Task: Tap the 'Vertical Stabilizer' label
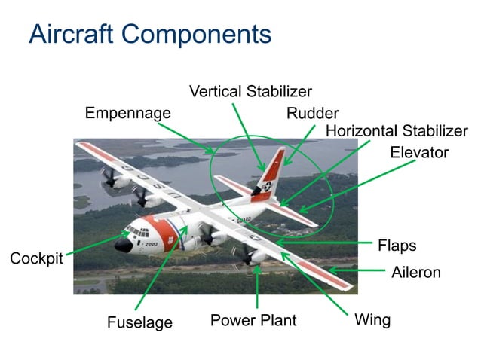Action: click(x=250, y=91)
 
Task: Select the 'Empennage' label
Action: click(x=127, y=113)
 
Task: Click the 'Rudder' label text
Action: click(x=312, y=114)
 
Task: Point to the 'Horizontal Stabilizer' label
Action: click(x=397, y=131)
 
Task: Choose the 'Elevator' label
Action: click(x=419, y=152)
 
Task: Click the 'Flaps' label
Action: click(x=397, y=246)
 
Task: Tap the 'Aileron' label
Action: click(x=415, y=273)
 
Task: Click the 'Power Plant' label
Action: click(x=253, y=320)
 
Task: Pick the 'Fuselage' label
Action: click(x=139, y=322)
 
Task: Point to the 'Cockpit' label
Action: click(x=36, y=258)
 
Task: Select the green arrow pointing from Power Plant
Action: click(x=258, y=286)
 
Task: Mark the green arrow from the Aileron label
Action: click(x=355, y=270)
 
